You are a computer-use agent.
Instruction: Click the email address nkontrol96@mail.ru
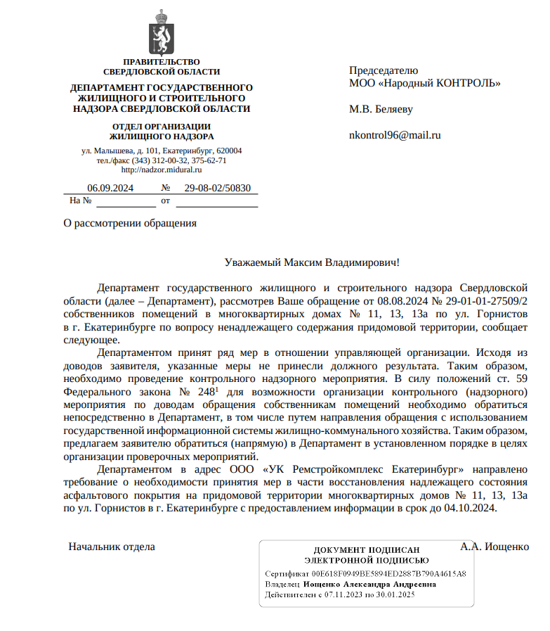click(395, 135)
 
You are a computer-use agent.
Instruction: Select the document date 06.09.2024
click(110, 188)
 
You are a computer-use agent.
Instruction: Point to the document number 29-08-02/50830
click(217, 188)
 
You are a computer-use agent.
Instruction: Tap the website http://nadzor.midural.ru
click(162, 170)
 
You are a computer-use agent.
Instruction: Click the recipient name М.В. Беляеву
click(381, 109)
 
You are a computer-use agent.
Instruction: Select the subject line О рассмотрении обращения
click(130, 223)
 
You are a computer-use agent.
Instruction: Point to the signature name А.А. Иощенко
click(495, 546)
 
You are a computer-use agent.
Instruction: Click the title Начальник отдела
click(112, 546)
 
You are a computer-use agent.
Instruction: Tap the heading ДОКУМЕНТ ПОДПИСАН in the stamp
click(366, 550)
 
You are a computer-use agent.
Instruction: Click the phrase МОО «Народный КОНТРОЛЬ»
click(425, 83)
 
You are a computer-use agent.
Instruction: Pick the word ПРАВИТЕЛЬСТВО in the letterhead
click(162, 62)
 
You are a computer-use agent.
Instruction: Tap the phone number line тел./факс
click(162, 160)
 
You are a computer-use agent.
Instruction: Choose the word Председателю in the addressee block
click(384, 70)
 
